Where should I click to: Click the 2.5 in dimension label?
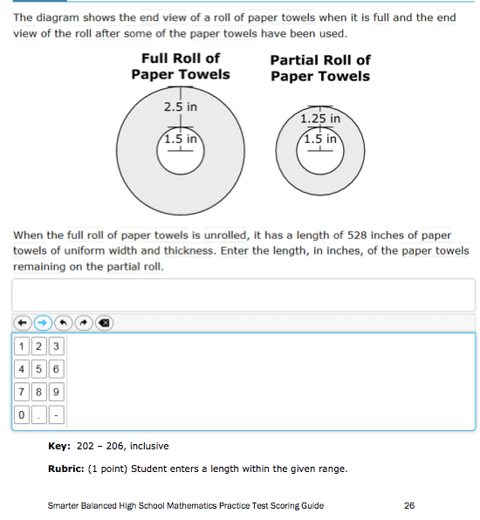click(x=181, y=107)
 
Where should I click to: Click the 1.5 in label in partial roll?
click(x=319, y=139)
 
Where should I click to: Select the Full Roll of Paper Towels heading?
click(x=181, y=65)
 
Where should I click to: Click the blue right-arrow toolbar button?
click(x=43, y=322)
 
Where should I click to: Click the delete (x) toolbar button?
click(x=104, y=322)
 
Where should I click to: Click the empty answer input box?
click(x=243, y=295)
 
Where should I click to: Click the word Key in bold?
click(x=58, y=446)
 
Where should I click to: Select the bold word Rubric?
click(x=65, y=469)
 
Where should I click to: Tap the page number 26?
click(x=410, y=504)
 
